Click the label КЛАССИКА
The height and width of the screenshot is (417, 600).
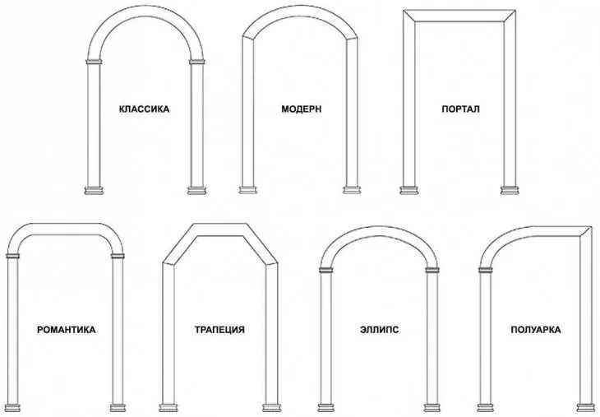tap(145, 109)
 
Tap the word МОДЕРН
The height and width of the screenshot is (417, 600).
tap(302, 109)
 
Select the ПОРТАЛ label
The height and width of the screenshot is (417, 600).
tap(461, 109)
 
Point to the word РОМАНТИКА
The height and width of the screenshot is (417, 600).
tap(67, 330)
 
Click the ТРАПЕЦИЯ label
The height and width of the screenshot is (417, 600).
tap(219, 330)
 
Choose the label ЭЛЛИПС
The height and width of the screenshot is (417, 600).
tap(380, 330)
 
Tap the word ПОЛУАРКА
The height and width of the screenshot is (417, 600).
tap(536, 330)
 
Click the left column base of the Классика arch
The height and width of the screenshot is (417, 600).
tap(94, 190)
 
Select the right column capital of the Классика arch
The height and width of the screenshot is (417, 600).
tap(197, 62)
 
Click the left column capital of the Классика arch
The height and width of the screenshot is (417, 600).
tap(95, 62)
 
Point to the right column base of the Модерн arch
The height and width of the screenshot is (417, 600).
tap(352, 190)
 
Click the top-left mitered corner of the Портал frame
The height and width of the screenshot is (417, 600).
tap(409, 16)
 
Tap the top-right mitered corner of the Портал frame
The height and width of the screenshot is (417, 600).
tap(510, 16)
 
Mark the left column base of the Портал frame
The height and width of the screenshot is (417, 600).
tap(409, 190)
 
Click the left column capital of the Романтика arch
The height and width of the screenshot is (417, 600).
tap(12, 256)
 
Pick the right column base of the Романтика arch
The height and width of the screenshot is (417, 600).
tap(118, 408)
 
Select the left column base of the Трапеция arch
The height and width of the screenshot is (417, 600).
tap(168, 408)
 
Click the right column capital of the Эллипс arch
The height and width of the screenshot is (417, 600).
tap(432, 270)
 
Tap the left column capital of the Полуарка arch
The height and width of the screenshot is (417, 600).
tap(485, 270)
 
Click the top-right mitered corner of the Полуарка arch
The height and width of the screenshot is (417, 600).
tap(586, 232)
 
